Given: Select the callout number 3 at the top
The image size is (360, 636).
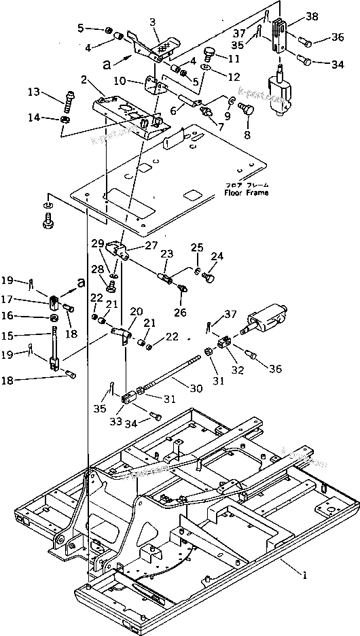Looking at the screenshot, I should point(152,22).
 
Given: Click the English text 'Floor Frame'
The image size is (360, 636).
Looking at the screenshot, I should point(247,193).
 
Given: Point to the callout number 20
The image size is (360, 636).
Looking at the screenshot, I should point(137,311).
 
